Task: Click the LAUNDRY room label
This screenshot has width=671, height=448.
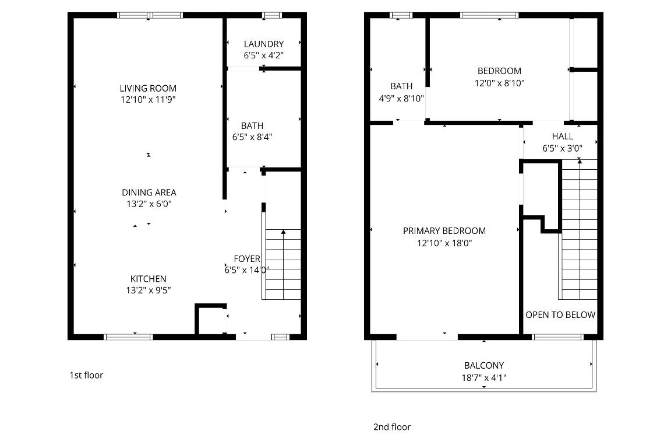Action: (x=263, y=44)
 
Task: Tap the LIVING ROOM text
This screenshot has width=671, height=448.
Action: (x=148, y=89)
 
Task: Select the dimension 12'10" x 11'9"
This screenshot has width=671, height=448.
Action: (x=148, y=100)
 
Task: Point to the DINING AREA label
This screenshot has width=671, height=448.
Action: (x=149, y=192)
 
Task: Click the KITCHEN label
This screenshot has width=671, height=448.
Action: (x=148, y=279)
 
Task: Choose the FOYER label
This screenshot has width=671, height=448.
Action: (x=247, y=258)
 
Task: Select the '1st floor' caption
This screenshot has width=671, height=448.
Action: (x=86, y=375)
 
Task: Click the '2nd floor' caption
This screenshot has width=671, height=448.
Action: (x=391, y=427)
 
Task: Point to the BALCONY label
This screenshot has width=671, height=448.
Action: (x=483, y=366)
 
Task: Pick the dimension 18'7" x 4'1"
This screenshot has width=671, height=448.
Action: (x=483, y=377)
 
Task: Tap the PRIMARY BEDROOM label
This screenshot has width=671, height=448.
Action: (x=444, y=231)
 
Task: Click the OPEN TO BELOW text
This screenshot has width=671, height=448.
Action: (x=560, y=315)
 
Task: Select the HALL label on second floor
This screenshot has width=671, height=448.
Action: (x=562, y=136)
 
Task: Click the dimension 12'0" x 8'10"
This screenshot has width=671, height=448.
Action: (x=499, y=83)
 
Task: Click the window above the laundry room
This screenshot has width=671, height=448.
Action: (x=271, y=15)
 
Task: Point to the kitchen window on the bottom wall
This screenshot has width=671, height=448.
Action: (x=128, y=337)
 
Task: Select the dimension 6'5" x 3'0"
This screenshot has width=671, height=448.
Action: (x=562, y=148)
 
